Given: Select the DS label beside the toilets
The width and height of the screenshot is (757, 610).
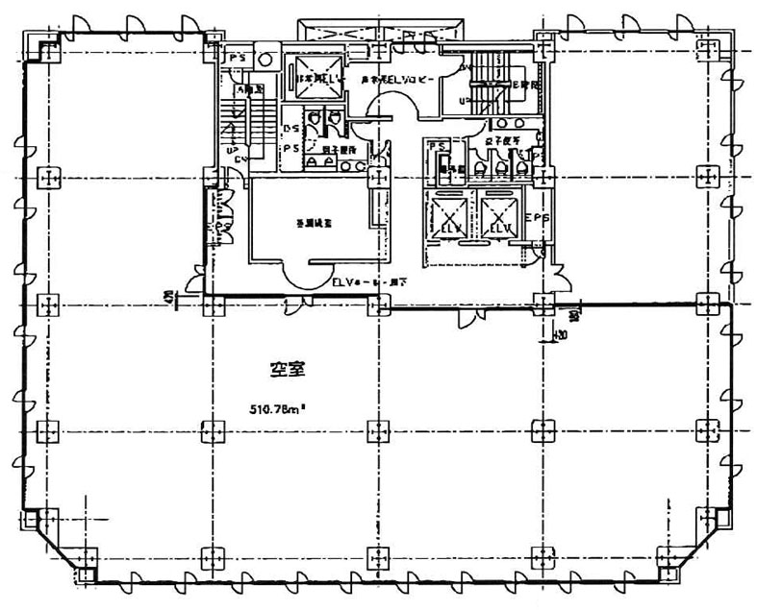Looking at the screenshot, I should [289, 129].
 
